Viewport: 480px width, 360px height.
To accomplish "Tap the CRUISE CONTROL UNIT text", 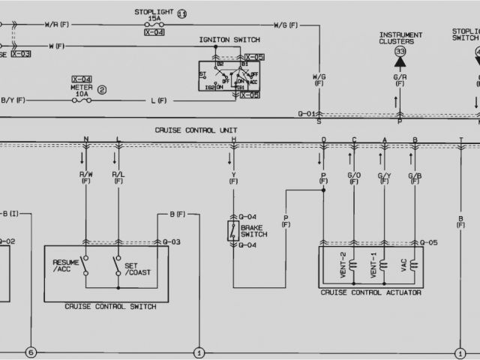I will tap(196, 130).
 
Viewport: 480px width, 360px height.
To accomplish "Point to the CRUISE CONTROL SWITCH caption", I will tap(110, 306).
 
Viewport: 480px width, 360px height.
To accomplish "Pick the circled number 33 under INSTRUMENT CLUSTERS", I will tap(400, 51).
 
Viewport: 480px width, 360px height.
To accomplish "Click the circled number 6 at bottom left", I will tap(31, 352).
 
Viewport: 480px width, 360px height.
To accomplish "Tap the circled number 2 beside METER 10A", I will tap(102, 88).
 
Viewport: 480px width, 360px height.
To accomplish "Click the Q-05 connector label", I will tap(428, 242).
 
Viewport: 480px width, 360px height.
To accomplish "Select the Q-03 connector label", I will tap(172, 242).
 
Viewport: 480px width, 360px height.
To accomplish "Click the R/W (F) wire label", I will tap(86, 177).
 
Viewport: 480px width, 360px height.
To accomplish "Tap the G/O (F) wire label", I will tap(354, 177).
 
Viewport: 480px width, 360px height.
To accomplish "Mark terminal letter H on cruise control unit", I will tap(233, 140).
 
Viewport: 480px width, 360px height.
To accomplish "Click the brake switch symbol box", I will tap(233, 230).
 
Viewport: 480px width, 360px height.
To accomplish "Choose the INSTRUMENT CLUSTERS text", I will tap(400, 37).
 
